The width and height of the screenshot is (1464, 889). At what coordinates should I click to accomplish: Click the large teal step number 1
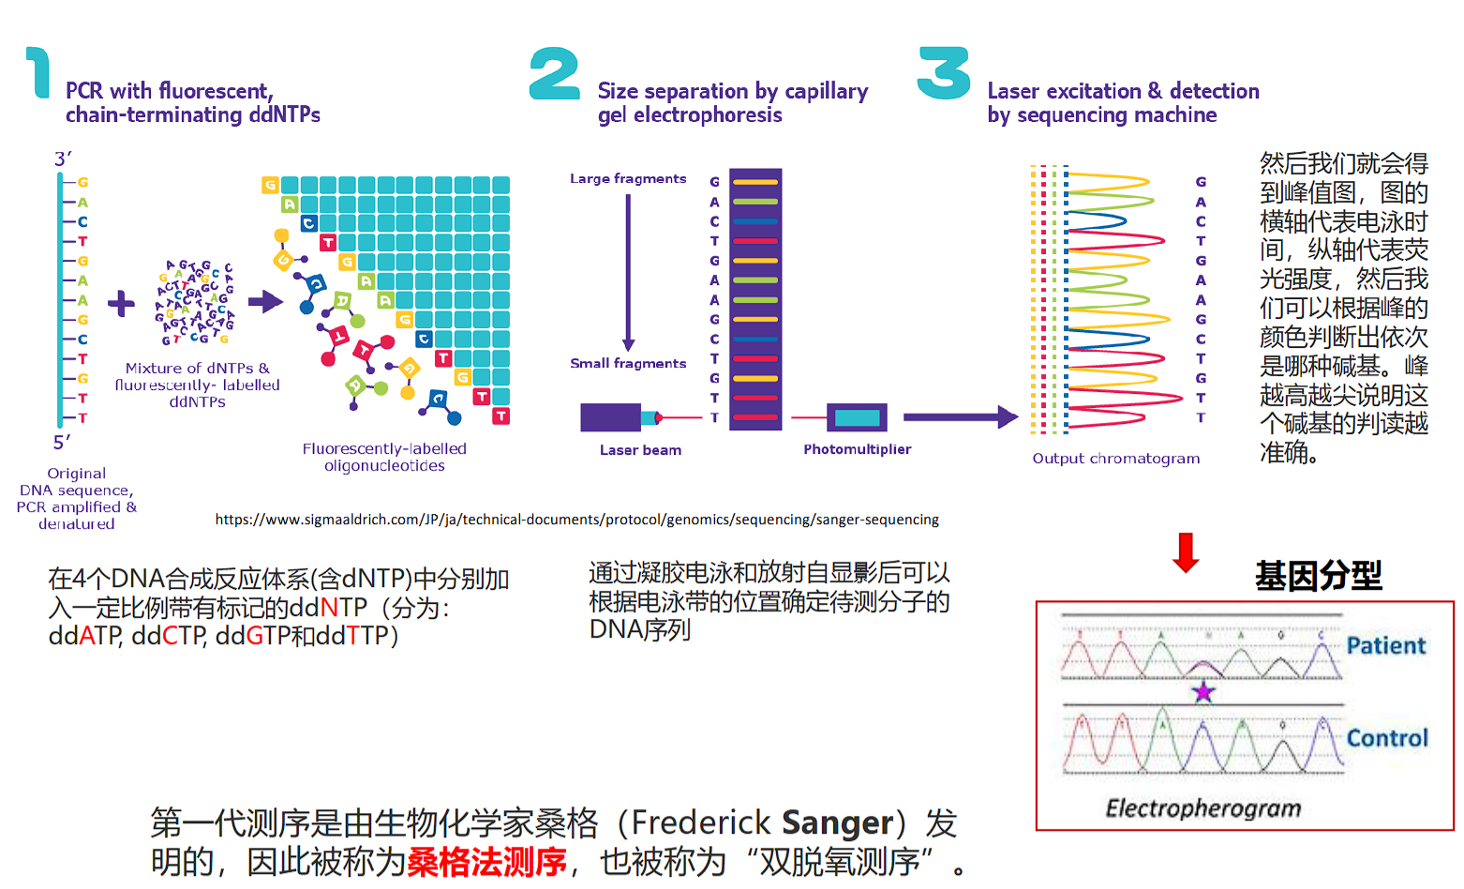pyautogui.click(x=38, y=73)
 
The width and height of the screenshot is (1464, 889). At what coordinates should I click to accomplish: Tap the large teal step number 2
pyautogui.click(x=554, y=74)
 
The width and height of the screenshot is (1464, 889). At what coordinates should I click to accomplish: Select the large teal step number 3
pyautogui.click(x=944, y=73)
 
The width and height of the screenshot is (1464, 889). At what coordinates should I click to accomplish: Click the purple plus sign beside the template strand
pyautogui.click(x=121, y=304)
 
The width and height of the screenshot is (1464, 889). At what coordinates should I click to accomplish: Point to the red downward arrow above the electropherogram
pyautogui.click(x=1186, y=552)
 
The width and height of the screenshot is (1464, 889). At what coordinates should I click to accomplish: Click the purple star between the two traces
pyautogui.click(x=1203, y=693)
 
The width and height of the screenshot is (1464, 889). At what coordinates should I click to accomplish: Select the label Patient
pyautogui.click(x=1385, y=645)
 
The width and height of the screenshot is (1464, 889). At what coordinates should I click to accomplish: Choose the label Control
pyautogui.click(x=1387, y=738)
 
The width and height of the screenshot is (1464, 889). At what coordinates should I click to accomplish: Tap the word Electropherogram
pyautogui.click(x=1203, y=808)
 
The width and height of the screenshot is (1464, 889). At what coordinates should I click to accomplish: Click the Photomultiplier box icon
pyautogui.click(x=857, y=417)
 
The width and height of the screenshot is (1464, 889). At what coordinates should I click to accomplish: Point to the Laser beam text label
pyautogui.click(x=640, y=450)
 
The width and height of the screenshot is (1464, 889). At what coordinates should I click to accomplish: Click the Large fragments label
pyautogui.click(x=628, y=178)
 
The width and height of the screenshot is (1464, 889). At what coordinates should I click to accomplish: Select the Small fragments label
pyautogui.click(x=628, y=363)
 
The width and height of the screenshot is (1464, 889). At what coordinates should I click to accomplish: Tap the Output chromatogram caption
pyautogui.click(x=1115, y=459)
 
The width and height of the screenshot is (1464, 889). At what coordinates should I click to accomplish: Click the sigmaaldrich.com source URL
pyautogui.click(x=576, y=520)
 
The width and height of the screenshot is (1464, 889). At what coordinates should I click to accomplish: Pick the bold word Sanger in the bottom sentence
pyautogui.click(x=837, y=822)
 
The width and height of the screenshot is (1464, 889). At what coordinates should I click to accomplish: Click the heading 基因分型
pyautogui.click(x=1318, y=575)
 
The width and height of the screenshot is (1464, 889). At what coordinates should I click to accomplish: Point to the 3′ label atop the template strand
pyautogui.click(x=63, y=158)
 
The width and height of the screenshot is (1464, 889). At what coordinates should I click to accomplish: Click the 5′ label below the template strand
pyautogui.click(x=62, y=443)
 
